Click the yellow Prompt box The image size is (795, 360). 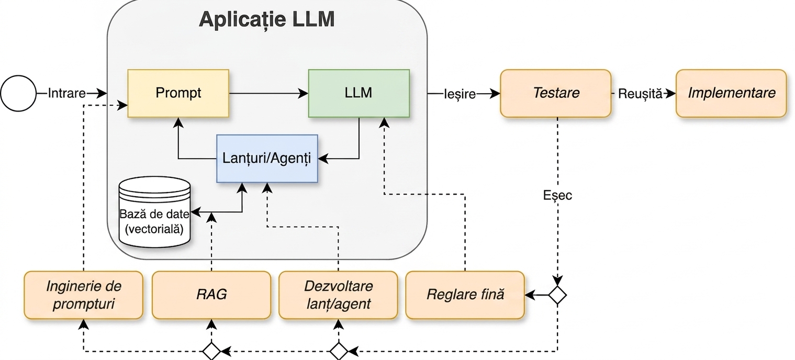tap(178, 93)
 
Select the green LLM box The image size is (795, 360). tap(359, 93)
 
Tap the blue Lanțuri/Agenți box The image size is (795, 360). tap(267, 159)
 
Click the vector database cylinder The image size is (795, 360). tap(154, 212)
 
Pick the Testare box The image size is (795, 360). tap(556, 93)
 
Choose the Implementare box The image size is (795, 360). tap(732, 93)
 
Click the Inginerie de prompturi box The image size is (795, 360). tap(84, 295)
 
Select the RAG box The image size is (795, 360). tap(211, 295)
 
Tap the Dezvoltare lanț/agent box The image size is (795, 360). tap(338, 295)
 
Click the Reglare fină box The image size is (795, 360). tap(465, 295)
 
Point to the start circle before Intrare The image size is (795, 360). tap(18, 93)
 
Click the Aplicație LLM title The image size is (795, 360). tap(267, 19)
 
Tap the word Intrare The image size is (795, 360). tap(66, 93)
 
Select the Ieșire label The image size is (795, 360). tap(460, 94)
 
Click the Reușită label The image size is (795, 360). tap(640, 94)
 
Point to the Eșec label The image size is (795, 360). tap(557, 195)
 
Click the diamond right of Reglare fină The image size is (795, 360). tap(557, 295)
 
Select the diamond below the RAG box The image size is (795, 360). tap(211, 352)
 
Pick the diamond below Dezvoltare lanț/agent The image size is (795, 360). tap(339, 352)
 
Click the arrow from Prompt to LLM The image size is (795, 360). tap(268, 93)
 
